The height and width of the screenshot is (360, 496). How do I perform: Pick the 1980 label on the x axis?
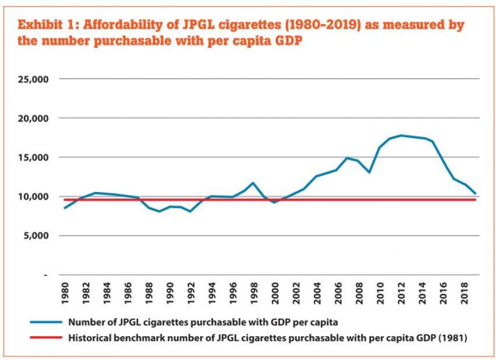click(x=65, y=294)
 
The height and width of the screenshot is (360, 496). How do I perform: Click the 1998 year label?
click(x=253, y=294)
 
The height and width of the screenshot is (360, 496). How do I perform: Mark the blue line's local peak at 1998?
click(x=253, y=183)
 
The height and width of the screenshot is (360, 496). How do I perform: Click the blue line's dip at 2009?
click(x=369, y=172)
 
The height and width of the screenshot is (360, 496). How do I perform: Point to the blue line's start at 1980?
click(x=65, y=207)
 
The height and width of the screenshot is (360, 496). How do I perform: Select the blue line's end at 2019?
click(x=476, y=193)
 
